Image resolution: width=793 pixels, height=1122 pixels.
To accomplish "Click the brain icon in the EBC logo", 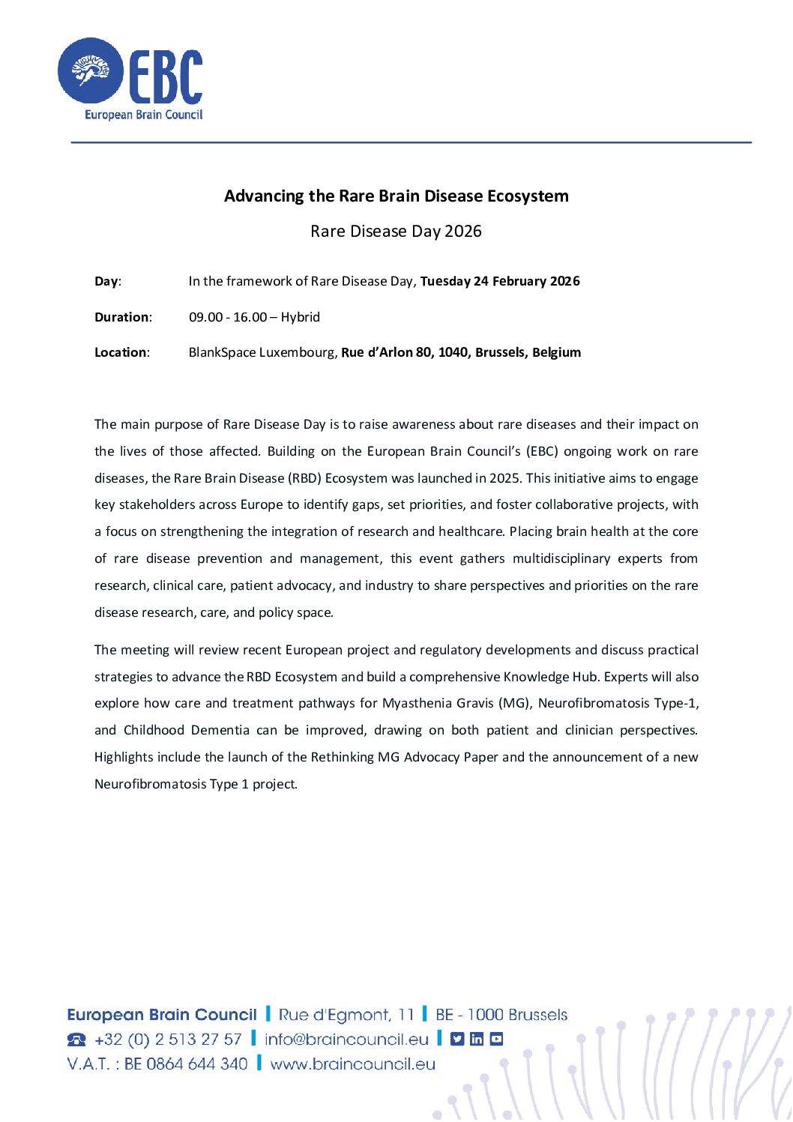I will point(90,71).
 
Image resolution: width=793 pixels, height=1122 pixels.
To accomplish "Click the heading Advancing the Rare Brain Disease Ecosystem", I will point(396,196).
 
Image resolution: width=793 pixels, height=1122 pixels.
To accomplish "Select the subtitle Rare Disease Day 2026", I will point(396,231).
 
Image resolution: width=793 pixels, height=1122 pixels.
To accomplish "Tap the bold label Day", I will point(106,282).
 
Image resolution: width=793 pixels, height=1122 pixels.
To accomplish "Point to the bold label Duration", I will point(121,317).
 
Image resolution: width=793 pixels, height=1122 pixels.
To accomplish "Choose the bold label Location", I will point(121,352).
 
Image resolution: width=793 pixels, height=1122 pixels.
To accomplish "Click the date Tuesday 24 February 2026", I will point(500,281).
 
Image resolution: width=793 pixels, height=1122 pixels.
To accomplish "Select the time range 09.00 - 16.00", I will point(227,317).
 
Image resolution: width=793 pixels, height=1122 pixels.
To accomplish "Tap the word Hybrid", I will point(301,317).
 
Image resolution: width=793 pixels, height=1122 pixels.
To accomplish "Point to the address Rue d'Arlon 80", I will point(386,352).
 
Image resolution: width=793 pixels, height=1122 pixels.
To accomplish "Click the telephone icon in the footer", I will point(76,1040).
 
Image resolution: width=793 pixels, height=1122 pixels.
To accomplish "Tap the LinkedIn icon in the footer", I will point(477,1039).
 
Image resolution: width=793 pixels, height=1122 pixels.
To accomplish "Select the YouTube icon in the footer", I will point(496,1039).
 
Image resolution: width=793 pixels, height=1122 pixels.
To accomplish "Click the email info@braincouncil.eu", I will point(346,1040).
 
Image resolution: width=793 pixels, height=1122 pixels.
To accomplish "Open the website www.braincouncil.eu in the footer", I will point(352,1064).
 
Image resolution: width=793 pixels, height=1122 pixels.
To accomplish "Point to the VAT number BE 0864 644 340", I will point(186,1064).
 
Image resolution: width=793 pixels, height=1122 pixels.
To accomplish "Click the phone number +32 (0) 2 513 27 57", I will point(168,1040).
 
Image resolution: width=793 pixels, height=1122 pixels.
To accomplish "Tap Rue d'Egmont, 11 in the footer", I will point(346,1015).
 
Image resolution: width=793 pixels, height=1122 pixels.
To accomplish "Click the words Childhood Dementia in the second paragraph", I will point(187,730).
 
